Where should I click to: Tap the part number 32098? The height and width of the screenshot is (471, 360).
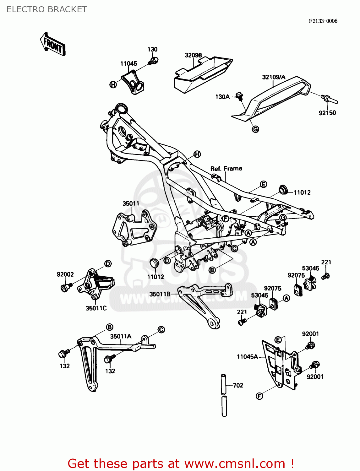pyautogui.click(x=193, y=55)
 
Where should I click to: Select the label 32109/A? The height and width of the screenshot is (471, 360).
pyautogui.click(x=274, y=77)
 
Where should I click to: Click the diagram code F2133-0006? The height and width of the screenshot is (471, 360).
pyautogui.click(x=323, y=21)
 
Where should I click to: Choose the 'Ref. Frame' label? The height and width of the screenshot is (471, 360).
pyautogui.click(x=226, y=169)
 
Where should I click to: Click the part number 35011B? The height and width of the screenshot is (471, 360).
pyautogui.click(x=160, y=294)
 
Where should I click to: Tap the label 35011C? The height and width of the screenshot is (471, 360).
pyautogui.click(x=96, y=308)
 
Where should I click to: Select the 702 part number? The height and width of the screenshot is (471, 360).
pyautogui.click(x=238, y=385)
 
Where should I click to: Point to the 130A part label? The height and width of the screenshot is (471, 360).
pyautogui.click(x=222, y=97)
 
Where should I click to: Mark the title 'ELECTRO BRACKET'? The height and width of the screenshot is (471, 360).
pyautogui.click(x=47, y=9)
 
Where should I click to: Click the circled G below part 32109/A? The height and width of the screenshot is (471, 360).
pyautogui.click(x=255, y=129)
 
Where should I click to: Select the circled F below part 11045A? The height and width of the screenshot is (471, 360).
pyautogui.click(x=259, y=396)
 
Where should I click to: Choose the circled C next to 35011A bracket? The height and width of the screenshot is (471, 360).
pyautogui.click(x=161, y=329)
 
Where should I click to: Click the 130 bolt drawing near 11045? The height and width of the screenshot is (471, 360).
pyautogui.click(x=154, y=60)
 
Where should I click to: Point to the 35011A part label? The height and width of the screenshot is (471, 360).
pyautogui.click(x=121, y=336)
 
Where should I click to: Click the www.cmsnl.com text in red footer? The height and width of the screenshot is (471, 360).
pyautogui.click(x=234, y=463)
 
